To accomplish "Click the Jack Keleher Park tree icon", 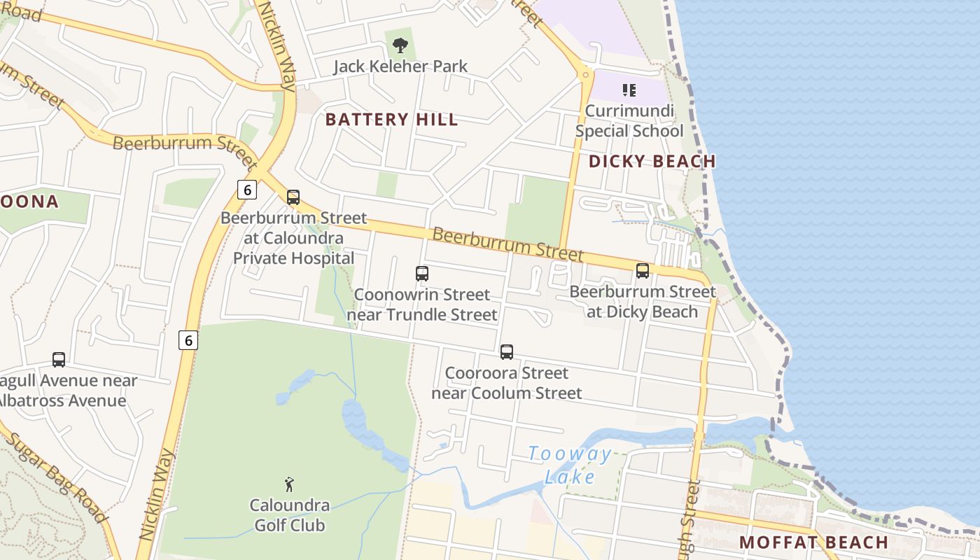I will tap(400, 46).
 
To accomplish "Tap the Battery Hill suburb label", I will tap(391, 120).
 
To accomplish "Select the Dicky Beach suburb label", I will tap(652, 162).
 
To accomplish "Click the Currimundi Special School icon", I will tap(629, 90).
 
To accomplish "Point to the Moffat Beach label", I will tap(813, 542).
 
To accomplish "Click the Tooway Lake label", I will tap(570, 465).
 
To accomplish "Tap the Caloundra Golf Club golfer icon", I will tap(289, 484).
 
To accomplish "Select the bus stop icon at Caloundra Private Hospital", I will tap(293, 197).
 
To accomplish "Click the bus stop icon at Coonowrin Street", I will tap(421, 274).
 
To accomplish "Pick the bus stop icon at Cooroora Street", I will tap(506, 352).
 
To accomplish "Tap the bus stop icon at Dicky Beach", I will tap(642, 271).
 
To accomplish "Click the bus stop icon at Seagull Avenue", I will tap(59, 360).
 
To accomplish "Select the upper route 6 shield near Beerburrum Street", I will tap(246, 190).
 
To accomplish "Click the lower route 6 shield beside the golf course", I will tap(188, 340).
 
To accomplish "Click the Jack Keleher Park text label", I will tap(400, 67).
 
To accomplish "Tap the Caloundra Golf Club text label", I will tap(289, 514).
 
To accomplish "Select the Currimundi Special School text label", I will tap(629, 121).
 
